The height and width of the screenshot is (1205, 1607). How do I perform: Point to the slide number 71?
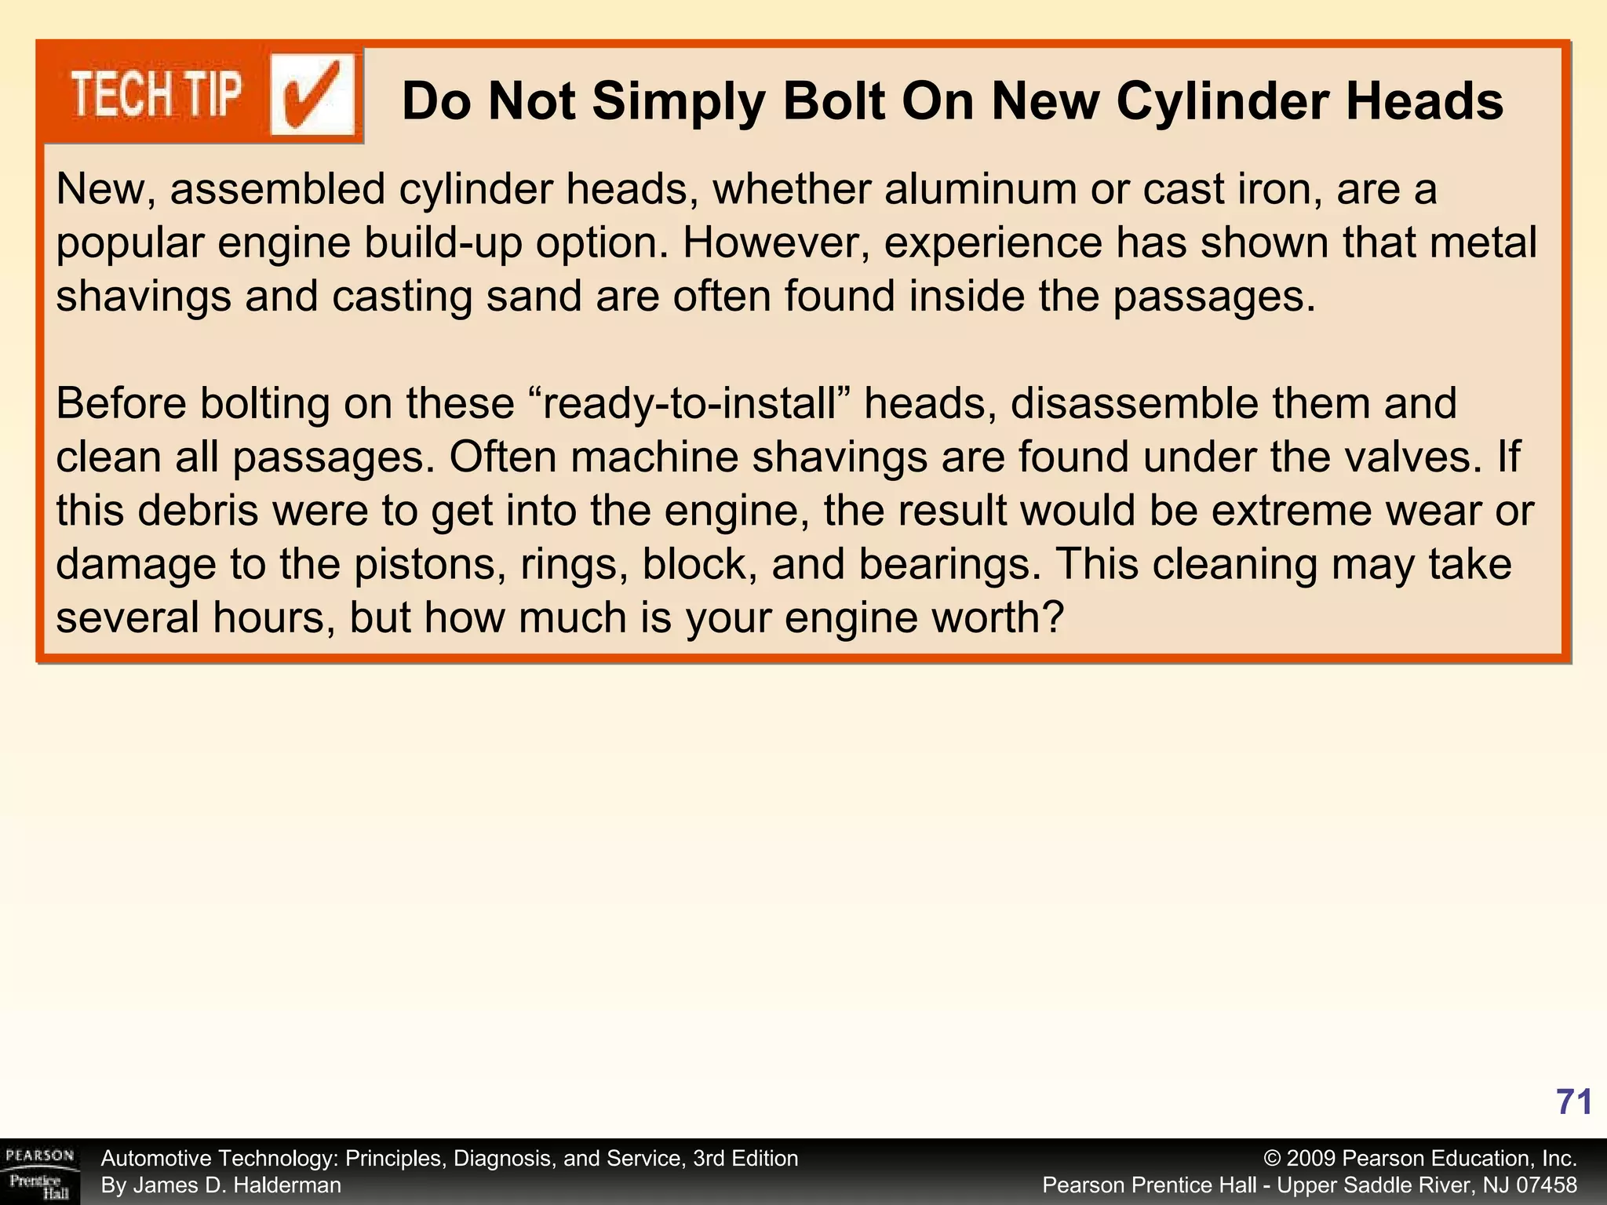[1574, 1102]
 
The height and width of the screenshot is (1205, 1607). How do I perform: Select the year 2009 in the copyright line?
[1311, 1159]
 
